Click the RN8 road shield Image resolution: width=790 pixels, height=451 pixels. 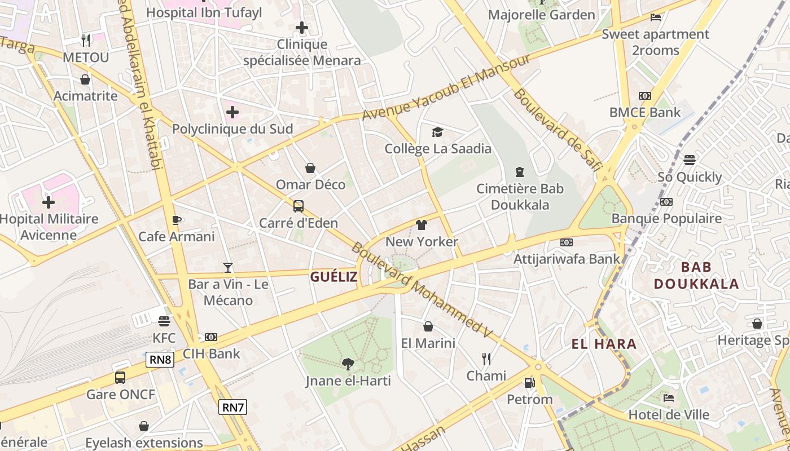coord(160,360)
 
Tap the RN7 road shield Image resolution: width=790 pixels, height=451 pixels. coord(232,407)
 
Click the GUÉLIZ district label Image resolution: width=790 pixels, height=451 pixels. coord(333,277)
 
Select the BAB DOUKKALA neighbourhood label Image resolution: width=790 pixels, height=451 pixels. coord(696,275)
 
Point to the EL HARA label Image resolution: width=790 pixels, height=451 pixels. coord(604,344)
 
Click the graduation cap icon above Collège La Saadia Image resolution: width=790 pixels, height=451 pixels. coord(437,132)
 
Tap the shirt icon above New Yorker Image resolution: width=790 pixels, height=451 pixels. coord(421,225)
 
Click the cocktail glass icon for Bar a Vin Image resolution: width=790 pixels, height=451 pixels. coord(228,268)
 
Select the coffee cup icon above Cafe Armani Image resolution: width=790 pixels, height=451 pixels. coord(176,220)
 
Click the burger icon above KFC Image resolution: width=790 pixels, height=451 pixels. coord(164,321)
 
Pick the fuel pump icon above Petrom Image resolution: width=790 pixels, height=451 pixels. coord(529,383)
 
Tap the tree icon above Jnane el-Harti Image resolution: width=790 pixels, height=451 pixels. coord(348,364)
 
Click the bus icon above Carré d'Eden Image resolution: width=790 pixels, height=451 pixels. coord(298,206)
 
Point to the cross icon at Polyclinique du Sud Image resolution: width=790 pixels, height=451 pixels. coord(232,112)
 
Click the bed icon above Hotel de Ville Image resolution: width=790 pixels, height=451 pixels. coord(669,398)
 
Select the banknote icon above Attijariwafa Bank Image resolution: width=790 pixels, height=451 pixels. coord(567,242)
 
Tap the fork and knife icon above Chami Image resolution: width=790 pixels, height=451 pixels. coord(486,359)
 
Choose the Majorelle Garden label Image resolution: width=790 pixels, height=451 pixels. coord(542,15)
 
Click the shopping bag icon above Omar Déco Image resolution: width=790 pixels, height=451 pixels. coord(310,168)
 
